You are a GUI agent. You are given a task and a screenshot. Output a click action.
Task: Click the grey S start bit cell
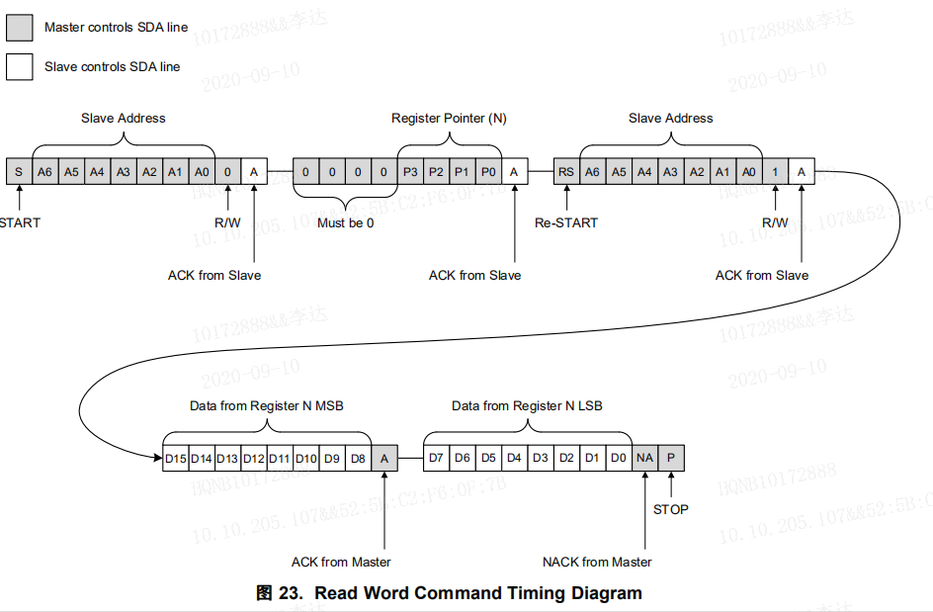click(x=18, y=171)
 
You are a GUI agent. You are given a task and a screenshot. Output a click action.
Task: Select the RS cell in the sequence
click(x=566, y=171)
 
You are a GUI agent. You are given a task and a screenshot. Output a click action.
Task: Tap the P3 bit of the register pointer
click(x=410, y=171)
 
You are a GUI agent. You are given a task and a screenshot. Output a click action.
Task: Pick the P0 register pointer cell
click(x=488, y=171)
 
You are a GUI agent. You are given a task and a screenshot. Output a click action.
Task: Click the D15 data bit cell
click(x=175, y=458)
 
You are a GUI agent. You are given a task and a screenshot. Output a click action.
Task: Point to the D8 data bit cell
click(x=358, y=458)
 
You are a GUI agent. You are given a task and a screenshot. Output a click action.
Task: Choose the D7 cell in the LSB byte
click(x=436, y=458)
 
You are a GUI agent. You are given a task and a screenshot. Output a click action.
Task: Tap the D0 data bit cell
click(x=619, y=458)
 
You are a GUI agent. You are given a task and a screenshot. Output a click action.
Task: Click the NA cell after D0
click(x=645, y=458)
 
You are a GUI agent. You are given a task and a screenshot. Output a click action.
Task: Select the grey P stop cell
click(x=671, y=458)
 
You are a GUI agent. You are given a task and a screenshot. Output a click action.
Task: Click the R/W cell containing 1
click(x=776, y=171)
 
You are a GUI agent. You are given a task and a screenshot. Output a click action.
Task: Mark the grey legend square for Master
click(x=19, y=28)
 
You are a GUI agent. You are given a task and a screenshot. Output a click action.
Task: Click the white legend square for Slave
click(x=19, y=66)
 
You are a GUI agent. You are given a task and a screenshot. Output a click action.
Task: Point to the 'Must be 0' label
click(x=345, y=222)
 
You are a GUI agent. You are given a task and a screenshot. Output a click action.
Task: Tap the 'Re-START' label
click(x=566, y=222)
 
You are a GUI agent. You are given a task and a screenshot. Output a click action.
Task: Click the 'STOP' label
click(x=671, y=509)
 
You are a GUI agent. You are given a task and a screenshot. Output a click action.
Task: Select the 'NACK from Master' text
click(x=597, y=562)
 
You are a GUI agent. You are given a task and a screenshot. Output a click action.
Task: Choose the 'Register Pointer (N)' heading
click(x=449, y=118)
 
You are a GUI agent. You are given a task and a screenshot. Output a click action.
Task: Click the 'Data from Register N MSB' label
click(x=267, y=405)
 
